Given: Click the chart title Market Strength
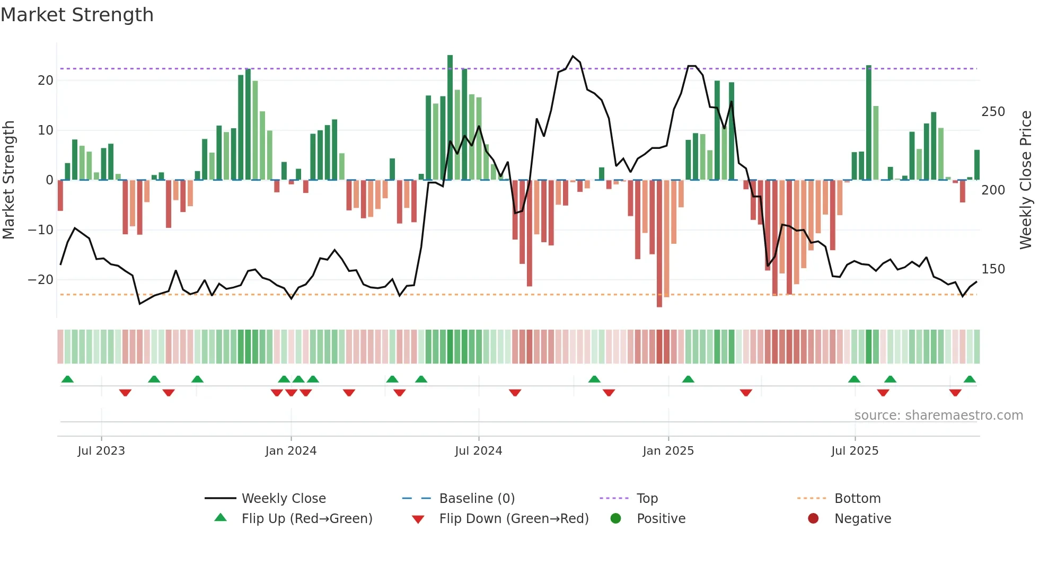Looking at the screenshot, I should click(77, 15).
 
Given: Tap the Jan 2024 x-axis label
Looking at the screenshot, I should click(290, 451).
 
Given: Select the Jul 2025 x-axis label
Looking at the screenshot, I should click(855, 451).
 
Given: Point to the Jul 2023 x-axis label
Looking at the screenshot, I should click(101, 451).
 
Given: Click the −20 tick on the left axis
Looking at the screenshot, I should click(41, 280).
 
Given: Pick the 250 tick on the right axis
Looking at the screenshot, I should click(993, 112).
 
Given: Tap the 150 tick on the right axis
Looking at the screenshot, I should click(993, 269).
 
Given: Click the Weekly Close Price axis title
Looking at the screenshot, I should click(1026, 180).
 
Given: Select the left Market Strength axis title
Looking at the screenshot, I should click(8, 180).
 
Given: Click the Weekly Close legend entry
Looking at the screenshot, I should click(283, 499).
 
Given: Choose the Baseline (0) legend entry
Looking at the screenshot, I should click(477, 499).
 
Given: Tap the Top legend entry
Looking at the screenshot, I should click(647, 499).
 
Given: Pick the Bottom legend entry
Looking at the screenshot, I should click(857, 499).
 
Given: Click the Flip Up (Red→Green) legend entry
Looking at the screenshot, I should click(306, 519).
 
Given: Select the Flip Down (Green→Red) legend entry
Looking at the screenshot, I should click(513, 519).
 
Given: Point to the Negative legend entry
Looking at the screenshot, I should click(862, 519).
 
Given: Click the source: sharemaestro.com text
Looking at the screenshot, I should click(938, 415).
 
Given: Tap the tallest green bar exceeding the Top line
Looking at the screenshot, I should click(450, 117).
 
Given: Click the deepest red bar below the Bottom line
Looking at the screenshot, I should click(659, 244).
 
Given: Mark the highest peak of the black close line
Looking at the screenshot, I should click(573, 56).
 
